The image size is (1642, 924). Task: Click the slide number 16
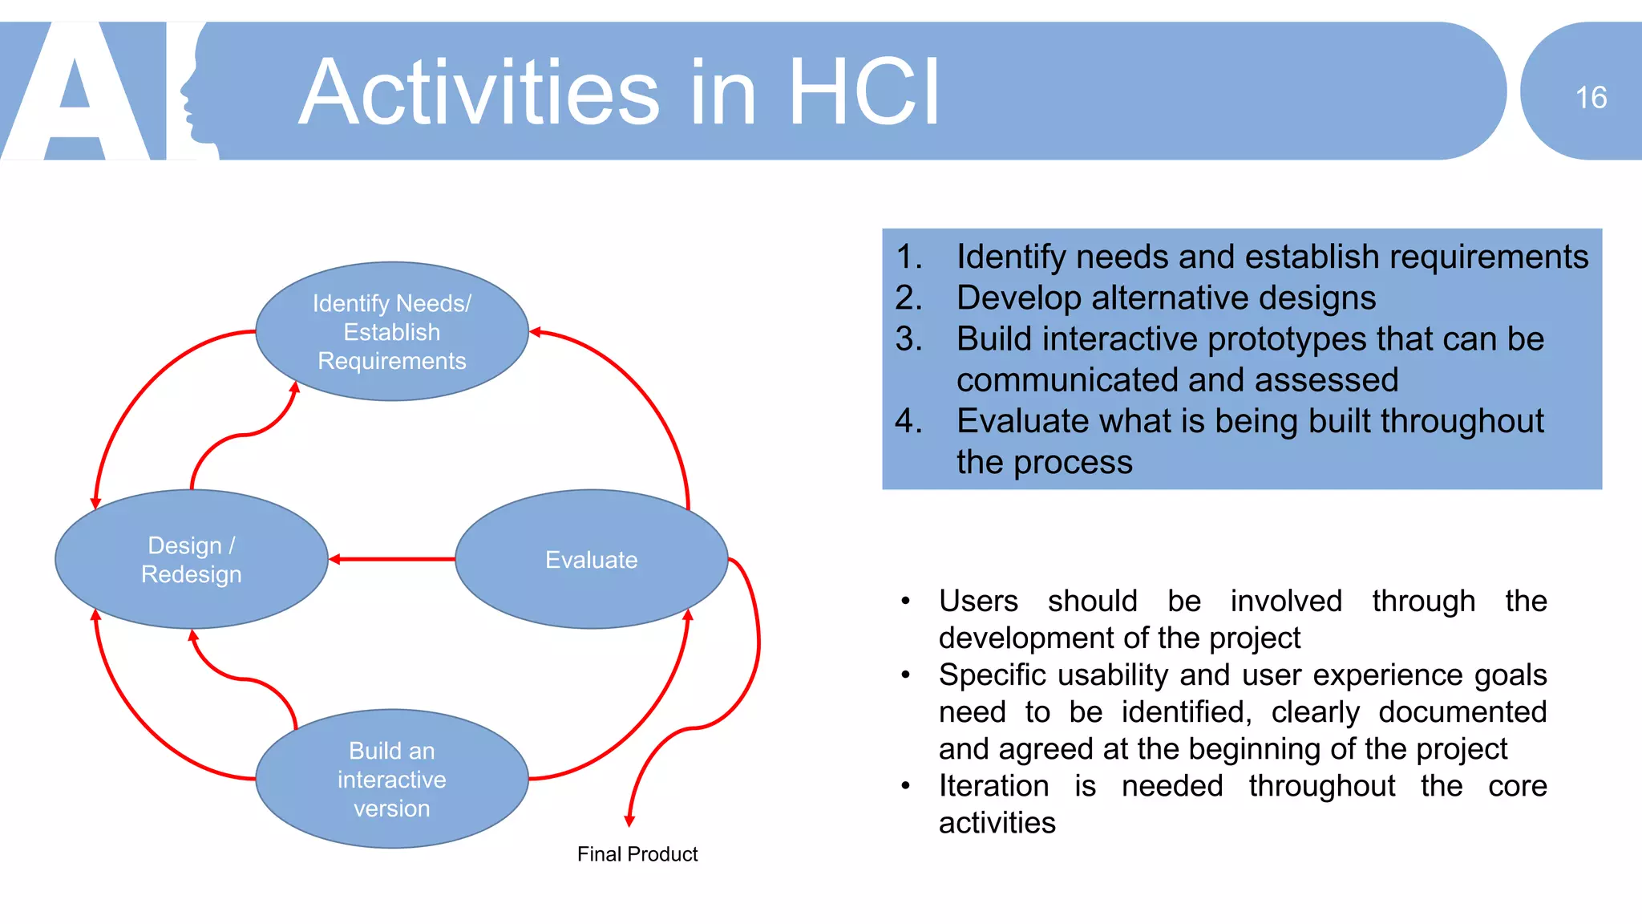click(x=1591, y=98)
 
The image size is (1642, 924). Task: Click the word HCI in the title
click(x=863, y=93)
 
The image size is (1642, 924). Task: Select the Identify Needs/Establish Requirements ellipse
click(x=391, y=331)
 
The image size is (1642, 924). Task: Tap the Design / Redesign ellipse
click(x=191, y=559)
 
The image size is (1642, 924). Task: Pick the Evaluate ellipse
click(x=592, y=559)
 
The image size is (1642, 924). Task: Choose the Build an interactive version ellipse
click(x=391, y=779)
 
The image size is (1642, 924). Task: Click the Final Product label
click(x=637, y=854)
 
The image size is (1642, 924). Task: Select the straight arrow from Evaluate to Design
click(x=393, y=559)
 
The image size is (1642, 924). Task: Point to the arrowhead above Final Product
click(x=629, y=821)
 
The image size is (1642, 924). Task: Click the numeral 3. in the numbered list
click(x=908, y=338)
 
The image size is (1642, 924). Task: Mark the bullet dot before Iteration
click(x=905, y=786)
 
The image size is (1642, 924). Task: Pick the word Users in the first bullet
click(x=978, y=601)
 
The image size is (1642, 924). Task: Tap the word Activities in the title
click(x=479, y=93)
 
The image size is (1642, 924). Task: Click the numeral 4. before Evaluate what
click(x=908, y=421)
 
